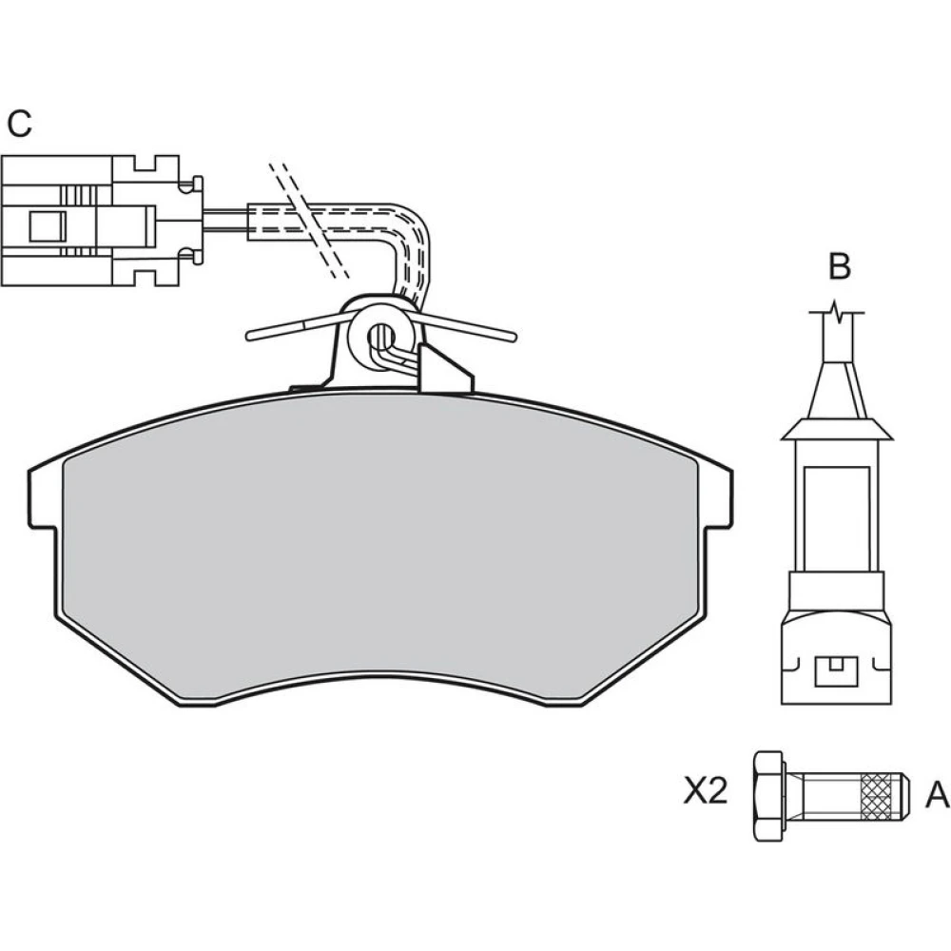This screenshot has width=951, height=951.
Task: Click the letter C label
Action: point(19,124)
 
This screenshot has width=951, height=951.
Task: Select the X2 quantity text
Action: point(706,791)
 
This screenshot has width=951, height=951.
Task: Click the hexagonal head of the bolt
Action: point(768,795)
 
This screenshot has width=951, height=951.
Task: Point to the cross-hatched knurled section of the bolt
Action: point(880,795)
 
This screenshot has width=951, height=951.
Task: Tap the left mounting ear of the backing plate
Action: point(43,498)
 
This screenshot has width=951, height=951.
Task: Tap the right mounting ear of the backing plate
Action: point(717,498)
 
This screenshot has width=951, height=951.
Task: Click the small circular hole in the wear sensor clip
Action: point(381,334)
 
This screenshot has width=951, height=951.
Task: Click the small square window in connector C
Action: point(48,226)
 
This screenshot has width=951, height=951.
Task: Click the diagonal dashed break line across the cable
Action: point(308,221)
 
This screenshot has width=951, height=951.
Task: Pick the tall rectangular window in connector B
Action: point(836,518)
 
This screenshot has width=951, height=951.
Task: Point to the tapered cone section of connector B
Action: point(837,391)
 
